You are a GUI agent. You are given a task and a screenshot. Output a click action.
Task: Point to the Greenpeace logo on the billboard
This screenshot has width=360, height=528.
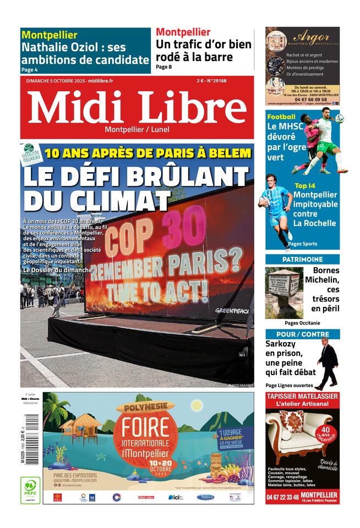coord(232,311)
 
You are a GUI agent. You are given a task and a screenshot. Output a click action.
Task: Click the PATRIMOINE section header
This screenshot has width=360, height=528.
coord(302,259)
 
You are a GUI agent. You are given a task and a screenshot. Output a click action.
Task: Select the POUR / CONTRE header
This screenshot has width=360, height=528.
coord(302,334)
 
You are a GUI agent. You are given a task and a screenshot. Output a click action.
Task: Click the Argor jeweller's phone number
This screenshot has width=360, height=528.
coord(302,100)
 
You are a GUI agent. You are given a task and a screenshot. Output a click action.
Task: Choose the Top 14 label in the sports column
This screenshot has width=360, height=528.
coord(305,186)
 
